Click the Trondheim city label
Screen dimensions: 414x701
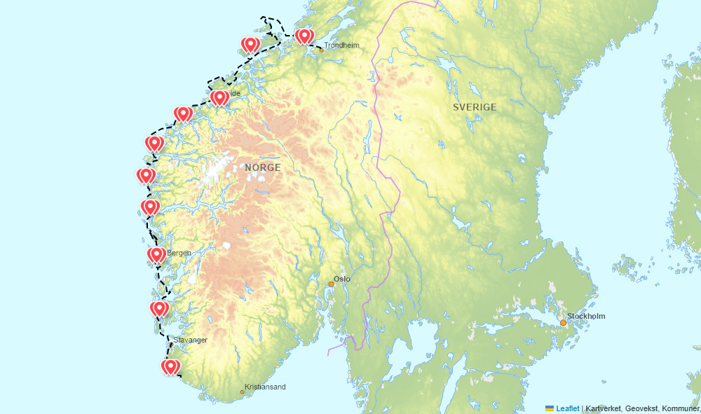341,46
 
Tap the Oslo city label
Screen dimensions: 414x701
342,279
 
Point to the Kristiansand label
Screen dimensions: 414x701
265,387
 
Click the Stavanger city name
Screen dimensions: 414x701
191,340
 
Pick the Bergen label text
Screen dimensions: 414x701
179,253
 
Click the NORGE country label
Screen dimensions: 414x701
263,168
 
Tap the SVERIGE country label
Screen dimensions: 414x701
475,107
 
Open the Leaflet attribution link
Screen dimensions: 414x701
568,408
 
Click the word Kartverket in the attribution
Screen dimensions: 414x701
605,408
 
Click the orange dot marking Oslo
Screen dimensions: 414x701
332,284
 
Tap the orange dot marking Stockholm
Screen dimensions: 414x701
563,322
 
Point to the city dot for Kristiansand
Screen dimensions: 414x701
243,392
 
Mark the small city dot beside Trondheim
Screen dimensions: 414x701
321,50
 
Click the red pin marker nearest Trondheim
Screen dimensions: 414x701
304,36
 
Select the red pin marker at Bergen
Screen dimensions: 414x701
157,254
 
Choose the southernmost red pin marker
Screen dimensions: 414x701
170,366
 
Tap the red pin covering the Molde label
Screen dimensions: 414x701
219,97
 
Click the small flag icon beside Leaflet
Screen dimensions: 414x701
550,408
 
